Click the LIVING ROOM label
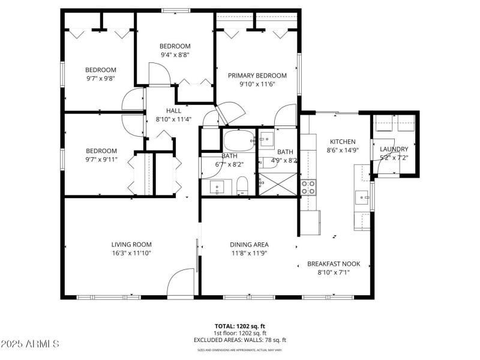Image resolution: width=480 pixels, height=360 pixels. tap(131, 244)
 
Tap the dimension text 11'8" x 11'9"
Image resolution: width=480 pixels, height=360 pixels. tap(249, 253)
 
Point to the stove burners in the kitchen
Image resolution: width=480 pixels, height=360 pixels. tap(308, 187)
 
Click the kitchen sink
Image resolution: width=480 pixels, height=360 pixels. tap(362, 196)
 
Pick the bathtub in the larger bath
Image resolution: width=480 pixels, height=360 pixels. tap(238, 142)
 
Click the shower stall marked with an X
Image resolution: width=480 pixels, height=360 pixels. tap(278, 184)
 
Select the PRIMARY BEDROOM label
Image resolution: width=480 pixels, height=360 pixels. tap(257, 76)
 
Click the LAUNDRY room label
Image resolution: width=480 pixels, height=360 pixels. tap(394, 149)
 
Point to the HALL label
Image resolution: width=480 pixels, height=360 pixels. tap(173, 110)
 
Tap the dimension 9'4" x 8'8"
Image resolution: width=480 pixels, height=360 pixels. tap(175, 55)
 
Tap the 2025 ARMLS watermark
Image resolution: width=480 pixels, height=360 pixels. tap(30, 344)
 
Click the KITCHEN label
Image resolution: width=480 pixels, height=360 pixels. tap(343, 142)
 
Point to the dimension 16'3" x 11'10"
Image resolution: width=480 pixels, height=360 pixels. tap(131, 253)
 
